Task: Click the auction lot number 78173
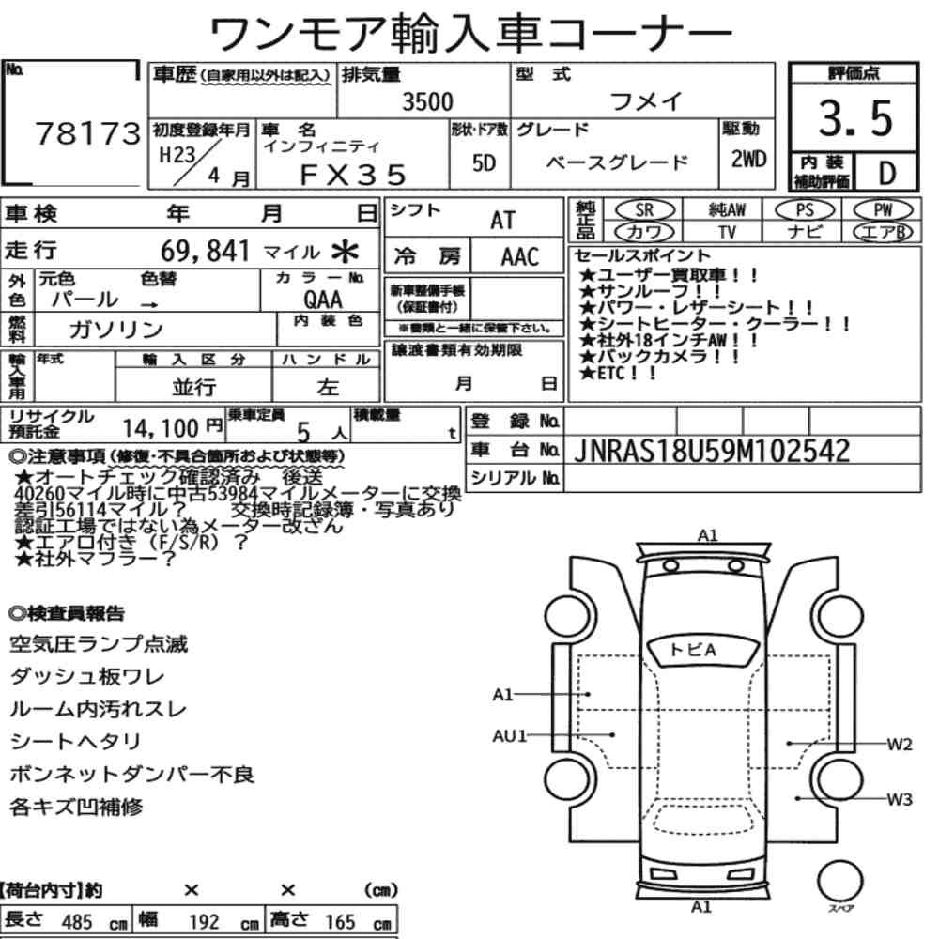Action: coord(88,133)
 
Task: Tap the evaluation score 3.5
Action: coord(855,118)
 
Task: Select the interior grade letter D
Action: coord(887,173)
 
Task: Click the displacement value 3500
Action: coord(427,101)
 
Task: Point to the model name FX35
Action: coord(353,175)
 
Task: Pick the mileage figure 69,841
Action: coord(205,251)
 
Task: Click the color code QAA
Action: coord(323,299)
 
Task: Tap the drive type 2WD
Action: coord(748,159)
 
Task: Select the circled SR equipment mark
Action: coord(644,209)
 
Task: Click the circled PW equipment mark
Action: coord(883,209)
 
